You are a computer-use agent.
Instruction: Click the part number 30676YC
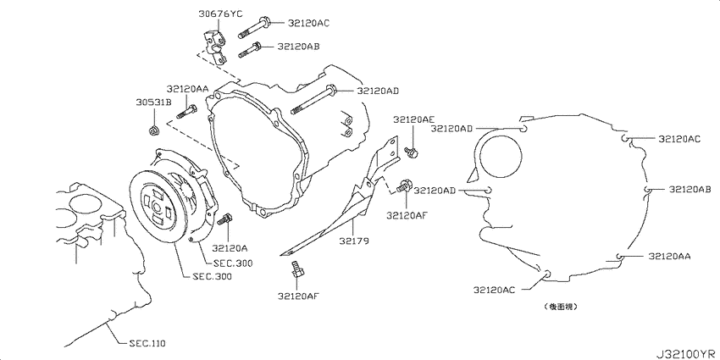click(220, 14)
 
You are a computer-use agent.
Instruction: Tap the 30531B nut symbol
click(154, 130)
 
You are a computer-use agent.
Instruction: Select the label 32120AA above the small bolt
click(187, 89)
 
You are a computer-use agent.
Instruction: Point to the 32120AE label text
click(413, 119)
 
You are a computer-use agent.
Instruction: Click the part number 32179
click(354, 241)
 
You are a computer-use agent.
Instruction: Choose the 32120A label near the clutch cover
click(230, 248)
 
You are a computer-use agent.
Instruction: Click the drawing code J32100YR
click(685, 354)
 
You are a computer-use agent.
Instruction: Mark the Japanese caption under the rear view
click(560, 306)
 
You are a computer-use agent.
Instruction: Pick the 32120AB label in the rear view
click(690, 189)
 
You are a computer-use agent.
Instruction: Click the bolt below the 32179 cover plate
click(296, 269)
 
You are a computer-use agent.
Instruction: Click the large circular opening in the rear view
click(500, 156)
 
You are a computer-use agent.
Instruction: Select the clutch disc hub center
click(156, 207)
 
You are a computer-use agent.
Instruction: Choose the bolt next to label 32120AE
click(411, 152)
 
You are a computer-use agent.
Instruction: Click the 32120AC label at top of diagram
click(308, 22)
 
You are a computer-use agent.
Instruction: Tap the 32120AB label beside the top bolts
click(298, 47)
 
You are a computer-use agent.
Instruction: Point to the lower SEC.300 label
click(212, 276)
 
